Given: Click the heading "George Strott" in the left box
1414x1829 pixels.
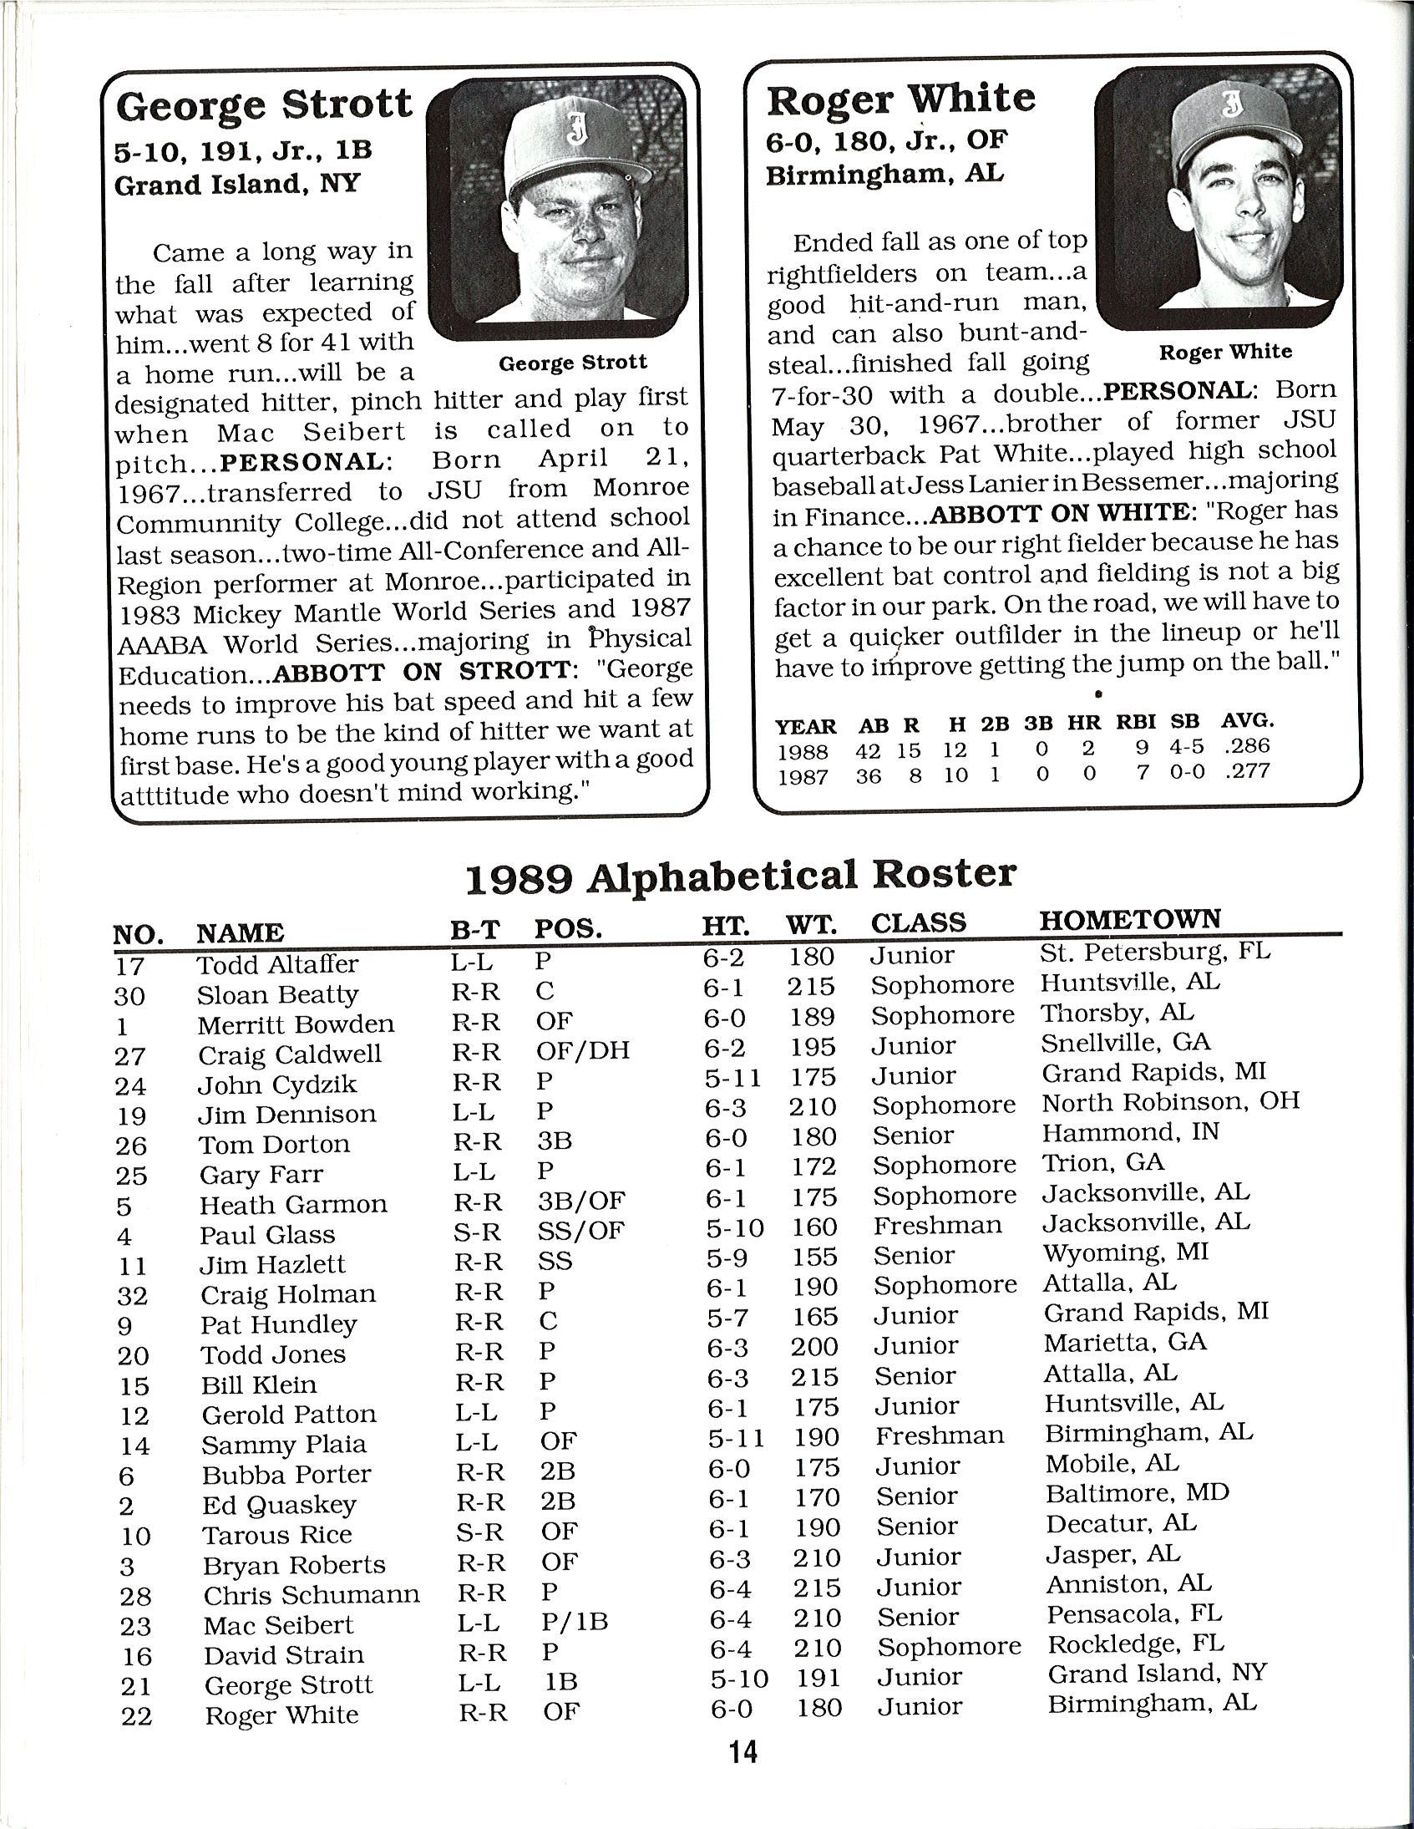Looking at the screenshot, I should [x=264, y=106].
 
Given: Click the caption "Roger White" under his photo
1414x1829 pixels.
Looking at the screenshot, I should [x=1224, y=352].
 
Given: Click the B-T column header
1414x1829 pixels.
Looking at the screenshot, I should [x=474, y=930].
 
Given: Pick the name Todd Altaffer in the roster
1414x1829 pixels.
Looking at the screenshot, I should [x=277, y=964].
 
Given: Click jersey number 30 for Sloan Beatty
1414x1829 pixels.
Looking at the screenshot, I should [x=130, y=996].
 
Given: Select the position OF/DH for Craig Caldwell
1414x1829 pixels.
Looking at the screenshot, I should [x=583, y=1050].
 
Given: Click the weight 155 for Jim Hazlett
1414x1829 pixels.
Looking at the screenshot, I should [x=813, y=1256].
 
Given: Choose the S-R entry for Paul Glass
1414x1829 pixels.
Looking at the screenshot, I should [x=478, y=1230].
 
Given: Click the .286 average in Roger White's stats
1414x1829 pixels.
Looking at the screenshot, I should [x=1247, y=745].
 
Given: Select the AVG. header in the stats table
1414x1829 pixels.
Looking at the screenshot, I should [x=1248, y=721].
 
